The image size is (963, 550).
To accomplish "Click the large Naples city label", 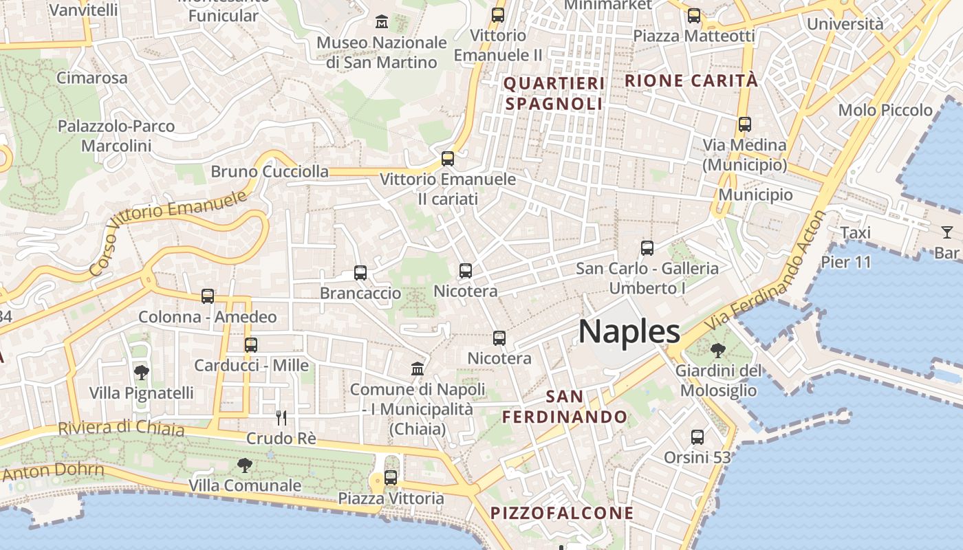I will [x=629, y=332].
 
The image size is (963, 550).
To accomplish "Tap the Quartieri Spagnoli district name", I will [x=554, y=93].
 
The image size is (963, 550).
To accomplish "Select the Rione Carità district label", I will [x=691, y=80].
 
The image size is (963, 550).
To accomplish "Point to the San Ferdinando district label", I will [x=564, y=407].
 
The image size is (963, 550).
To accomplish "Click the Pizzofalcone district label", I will [x=562, y=513].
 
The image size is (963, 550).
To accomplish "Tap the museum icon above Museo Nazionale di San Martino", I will [x=382, y=22].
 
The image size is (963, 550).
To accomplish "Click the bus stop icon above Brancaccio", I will [x=360, y=273].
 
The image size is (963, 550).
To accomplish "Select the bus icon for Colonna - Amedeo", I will [x=208, y=296].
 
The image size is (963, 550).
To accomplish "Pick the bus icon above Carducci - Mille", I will [x=251, y=344].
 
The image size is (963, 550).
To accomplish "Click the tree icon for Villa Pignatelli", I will [x=142, y=373].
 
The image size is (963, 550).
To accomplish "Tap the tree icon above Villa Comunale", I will [x=244, y=465].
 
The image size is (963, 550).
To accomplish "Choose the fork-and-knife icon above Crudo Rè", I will [x=281, y=417].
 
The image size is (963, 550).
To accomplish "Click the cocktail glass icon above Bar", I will [x=947, y=232].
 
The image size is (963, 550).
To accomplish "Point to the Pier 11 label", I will [x=846, y=262].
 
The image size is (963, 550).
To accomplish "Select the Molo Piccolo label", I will [x=885, y=110].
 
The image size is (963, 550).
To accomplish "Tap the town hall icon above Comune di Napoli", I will [x=418, y=369].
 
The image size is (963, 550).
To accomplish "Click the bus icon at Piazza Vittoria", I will [x=391, y=476].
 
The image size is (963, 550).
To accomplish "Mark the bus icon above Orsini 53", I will [x=697, y=437].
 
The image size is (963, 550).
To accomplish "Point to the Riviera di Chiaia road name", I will [x=121, y=428].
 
